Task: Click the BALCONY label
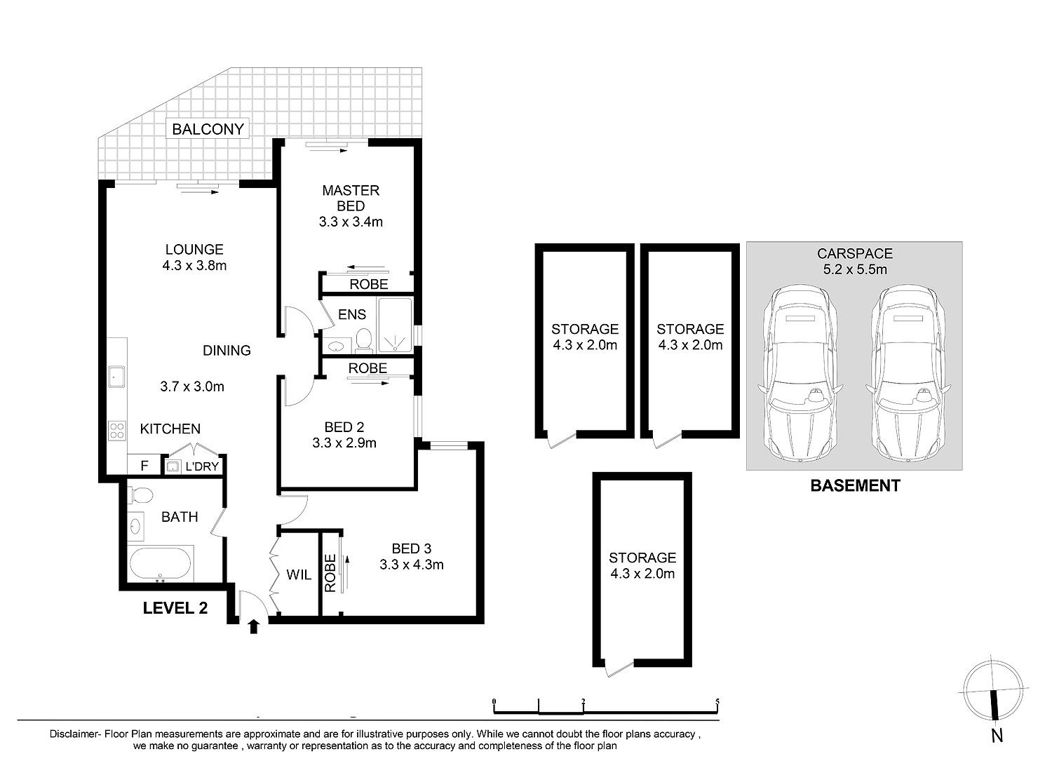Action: (208, 129)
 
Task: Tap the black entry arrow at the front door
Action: (254, 626)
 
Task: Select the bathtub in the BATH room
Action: (160, 564)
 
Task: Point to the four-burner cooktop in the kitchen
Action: (117, 431)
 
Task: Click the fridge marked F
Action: (144, 465)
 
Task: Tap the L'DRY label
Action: (202, 466)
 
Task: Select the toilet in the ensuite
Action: (363, 341)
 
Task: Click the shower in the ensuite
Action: (395, 325)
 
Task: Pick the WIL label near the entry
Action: (299, 574)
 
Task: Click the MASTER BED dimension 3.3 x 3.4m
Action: (351, 222)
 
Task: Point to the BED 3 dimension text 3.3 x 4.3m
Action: (412, 565)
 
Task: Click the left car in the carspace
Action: (800, 373)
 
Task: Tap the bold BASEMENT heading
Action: (855, 486)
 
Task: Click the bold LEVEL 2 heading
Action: (175, 608)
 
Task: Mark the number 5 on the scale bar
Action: (717, 702)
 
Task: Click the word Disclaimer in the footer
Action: (74, 734)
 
